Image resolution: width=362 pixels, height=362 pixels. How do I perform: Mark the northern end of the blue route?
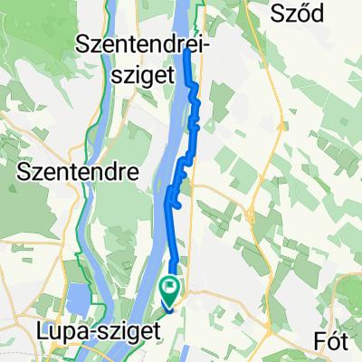click(x=186, y=51)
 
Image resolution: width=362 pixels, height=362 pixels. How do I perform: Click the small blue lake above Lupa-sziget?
click(x=79, y=296)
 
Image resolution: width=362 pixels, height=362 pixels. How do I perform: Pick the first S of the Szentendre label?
click(x=23, y=171)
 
